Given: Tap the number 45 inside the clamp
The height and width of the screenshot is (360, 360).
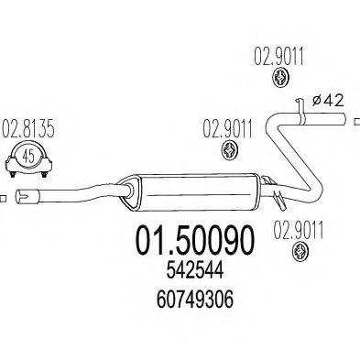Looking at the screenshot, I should (27, 157).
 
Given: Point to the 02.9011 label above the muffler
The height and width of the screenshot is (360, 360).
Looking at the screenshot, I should (226, 129).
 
